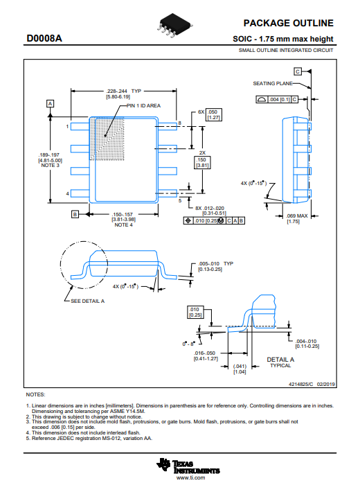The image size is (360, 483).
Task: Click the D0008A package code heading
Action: [44, 39]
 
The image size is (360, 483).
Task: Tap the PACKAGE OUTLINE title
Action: [288, 23]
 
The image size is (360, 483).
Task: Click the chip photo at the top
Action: [174, 25]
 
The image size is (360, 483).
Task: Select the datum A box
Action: [50, 103]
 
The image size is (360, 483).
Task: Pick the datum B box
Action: [75, 214]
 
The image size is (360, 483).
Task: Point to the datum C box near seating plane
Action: [298, 71]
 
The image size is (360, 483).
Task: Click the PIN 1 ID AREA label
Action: [144, 105]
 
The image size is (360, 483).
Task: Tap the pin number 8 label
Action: [180, 123]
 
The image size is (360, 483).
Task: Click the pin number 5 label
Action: [180, 200]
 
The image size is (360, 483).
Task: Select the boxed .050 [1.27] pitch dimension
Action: [213, 114]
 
